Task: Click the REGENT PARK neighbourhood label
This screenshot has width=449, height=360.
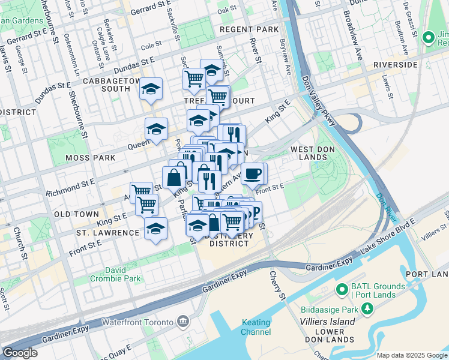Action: click(x=249, y=29)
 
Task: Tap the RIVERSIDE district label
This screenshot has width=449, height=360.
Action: click(x=395, y=64)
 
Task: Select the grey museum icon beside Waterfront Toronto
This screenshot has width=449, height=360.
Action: click(x=183, y=322)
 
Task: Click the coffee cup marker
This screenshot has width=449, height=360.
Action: click(x=252, y=173)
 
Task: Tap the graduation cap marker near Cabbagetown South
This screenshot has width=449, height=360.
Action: click(x=151, y=89)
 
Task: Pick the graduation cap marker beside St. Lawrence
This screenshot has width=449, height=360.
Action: click(x=155, y=229)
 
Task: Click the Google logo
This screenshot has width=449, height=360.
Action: click(x=20, y=353)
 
